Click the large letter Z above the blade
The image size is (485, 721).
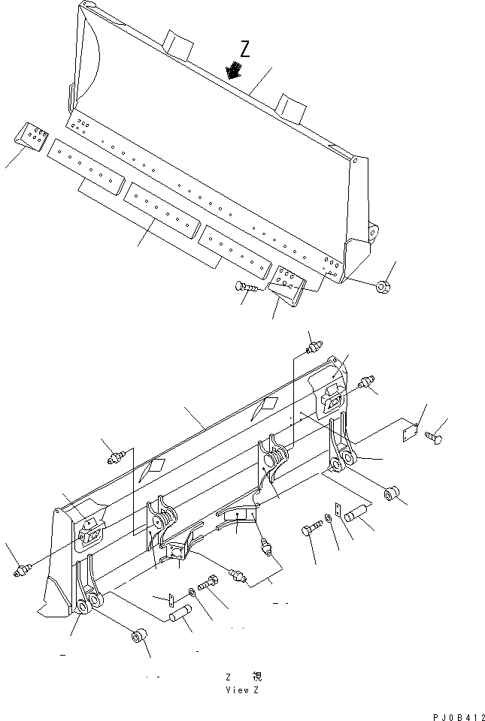(x=244, y=50)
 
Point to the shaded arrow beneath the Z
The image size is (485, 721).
(x=235, y=71)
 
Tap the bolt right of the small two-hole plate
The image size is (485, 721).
(x=438, y=434)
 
